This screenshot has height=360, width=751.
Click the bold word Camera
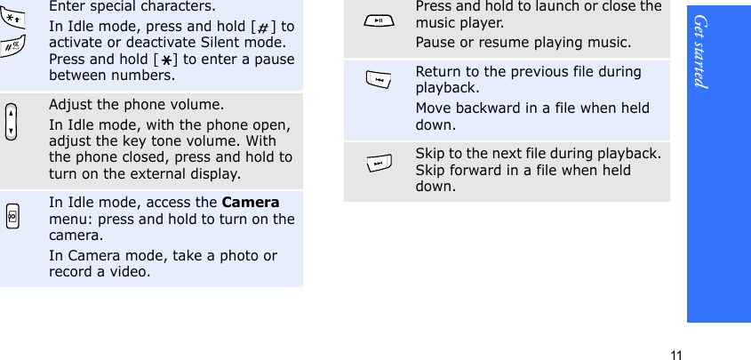click(x=250, y=202)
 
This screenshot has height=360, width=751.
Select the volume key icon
click(x=11, y=122)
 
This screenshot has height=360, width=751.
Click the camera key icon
click(x=10, y=218)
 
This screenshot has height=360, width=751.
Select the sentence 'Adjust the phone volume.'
click(x=124, y=105)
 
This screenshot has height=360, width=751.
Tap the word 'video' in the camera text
click(x=128, y=272)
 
